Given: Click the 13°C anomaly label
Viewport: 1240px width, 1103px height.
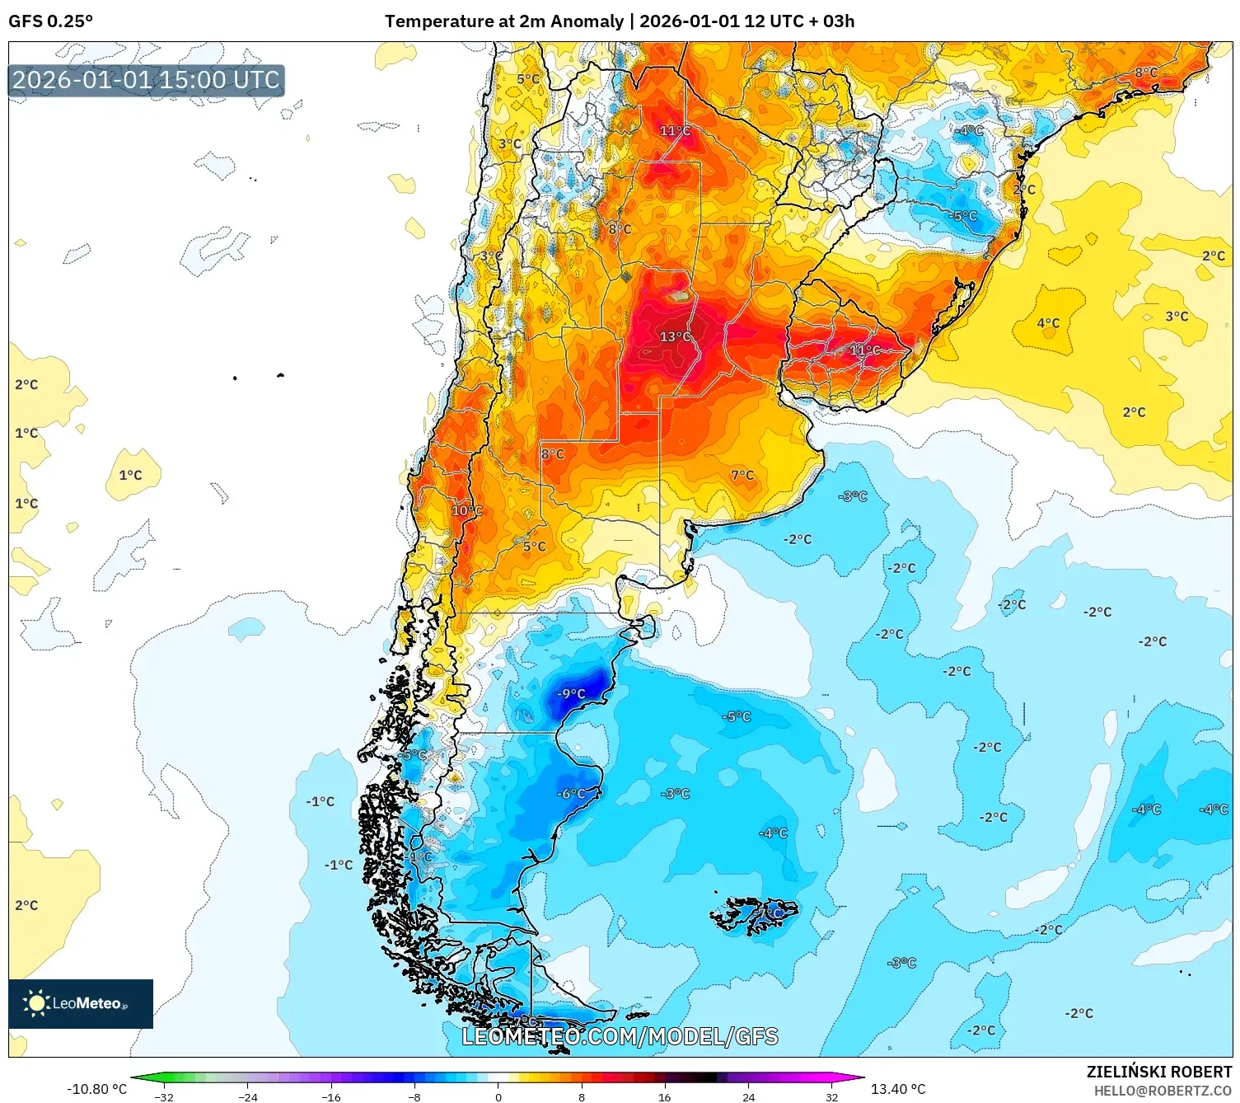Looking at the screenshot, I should click(x=675, y=336).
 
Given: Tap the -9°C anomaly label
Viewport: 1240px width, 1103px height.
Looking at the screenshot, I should click(x=571, y=694).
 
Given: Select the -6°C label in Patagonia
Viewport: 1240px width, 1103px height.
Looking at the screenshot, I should click(x=572, y=794).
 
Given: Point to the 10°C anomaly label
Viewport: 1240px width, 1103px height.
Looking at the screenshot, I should click(x=466, y=511).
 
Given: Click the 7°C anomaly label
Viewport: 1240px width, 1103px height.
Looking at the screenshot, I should click(x=742, y=475).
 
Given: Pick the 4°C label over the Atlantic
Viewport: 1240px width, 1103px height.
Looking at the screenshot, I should click(x=1048, y=323).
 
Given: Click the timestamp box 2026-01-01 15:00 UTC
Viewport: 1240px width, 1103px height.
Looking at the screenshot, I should click(x=147, y=80).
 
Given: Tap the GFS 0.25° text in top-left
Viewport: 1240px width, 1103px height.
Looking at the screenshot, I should click(x=50, y=21).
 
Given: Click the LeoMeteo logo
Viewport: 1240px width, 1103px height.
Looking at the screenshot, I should click(x=81, y=1003).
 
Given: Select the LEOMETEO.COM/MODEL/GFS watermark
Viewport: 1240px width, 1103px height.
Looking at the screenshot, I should click(x=620, y=1036).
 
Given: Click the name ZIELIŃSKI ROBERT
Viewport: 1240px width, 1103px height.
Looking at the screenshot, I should click(x=1158, y=1072).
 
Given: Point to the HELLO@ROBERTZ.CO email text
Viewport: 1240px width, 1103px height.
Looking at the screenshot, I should click(x=1163, y=1091).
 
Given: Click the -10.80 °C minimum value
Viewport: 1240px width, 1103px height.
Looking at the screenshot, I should click(x=96, y=1089).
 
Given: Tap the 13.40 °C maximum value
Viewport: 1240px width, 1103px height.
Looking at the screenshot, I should click(x=898, y=1089).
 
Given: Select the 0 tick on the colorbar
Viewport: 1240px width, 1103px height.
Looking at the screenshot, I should click(x=498, y=1097).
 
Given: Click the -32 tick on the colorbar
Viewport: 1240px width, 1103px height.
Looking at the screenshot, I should click(x=164, y=1097).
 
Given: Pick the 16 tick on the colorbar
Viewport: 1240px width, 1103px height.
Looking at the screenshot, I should click(x=664, y=1097).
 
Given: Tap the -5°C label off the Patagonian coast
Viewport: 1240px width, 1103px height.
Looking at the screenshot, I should click(x=736, y=717).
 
